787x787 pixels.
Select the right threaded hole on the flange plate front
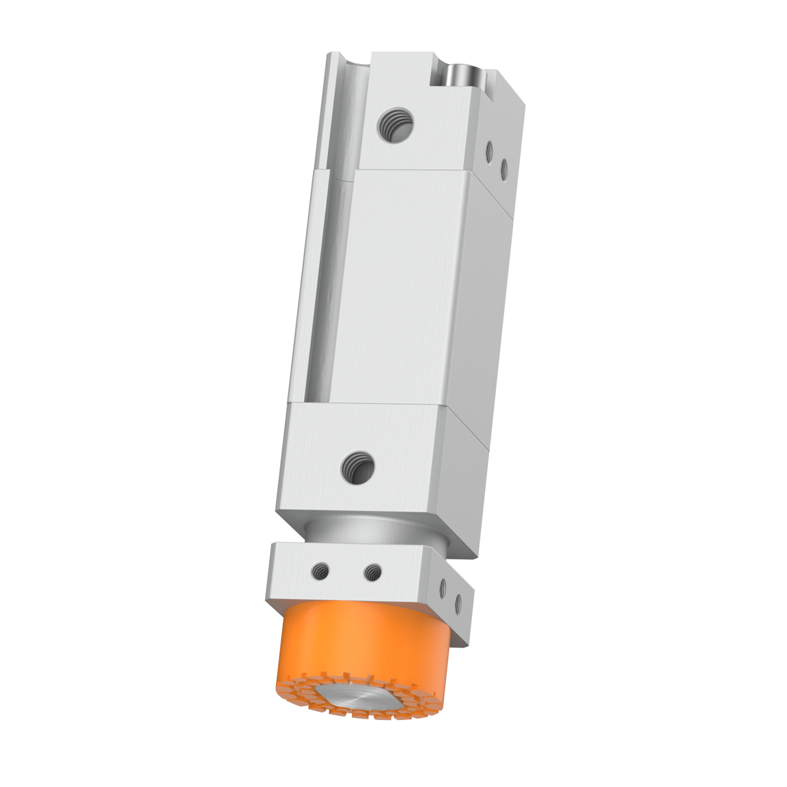tap(372, 572)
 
